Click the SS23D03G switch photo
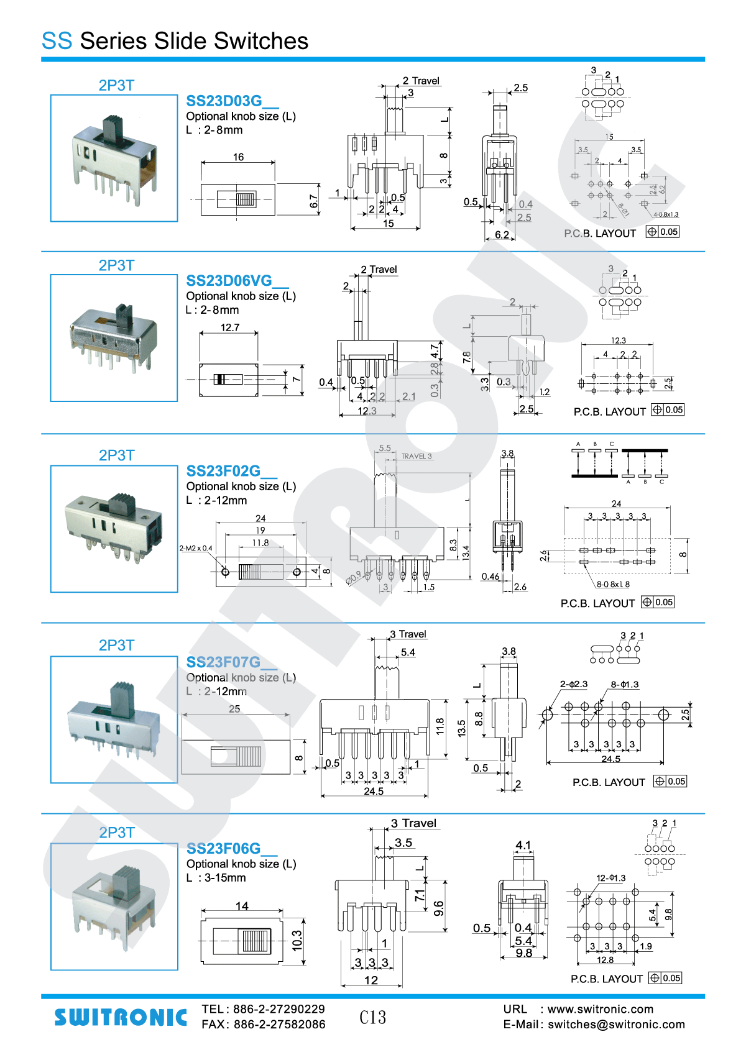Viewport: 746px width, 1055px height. (114, 158)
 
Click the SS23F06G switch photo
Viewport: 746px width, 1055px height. (114, 907)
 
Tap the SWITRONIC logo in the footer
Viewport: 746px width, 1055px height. (121, 1017)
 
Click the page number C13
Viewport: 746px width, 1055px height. (372, 1017)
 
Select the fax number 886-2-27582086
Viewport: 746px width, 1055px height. (279, 1025)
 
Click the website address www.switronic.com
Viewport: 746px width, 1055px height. (600, 1009)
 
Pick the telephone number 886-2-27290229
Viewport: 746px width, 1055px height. (279, 1009)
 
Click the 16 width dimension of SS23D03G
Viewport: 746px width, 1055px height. (238, 157)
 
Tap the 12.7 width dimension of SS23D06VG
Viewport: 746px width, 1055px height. (229, 327)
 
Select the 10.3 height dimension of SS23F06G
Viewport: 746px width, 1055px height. (297, 941)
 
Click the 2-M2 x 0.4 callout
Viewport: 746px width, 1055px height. (196, 548)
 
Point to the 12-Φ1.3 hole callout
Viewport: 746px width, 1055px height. (610, 878)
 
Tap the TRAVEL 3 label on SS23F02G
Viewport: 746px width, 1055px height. (416, 456)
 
